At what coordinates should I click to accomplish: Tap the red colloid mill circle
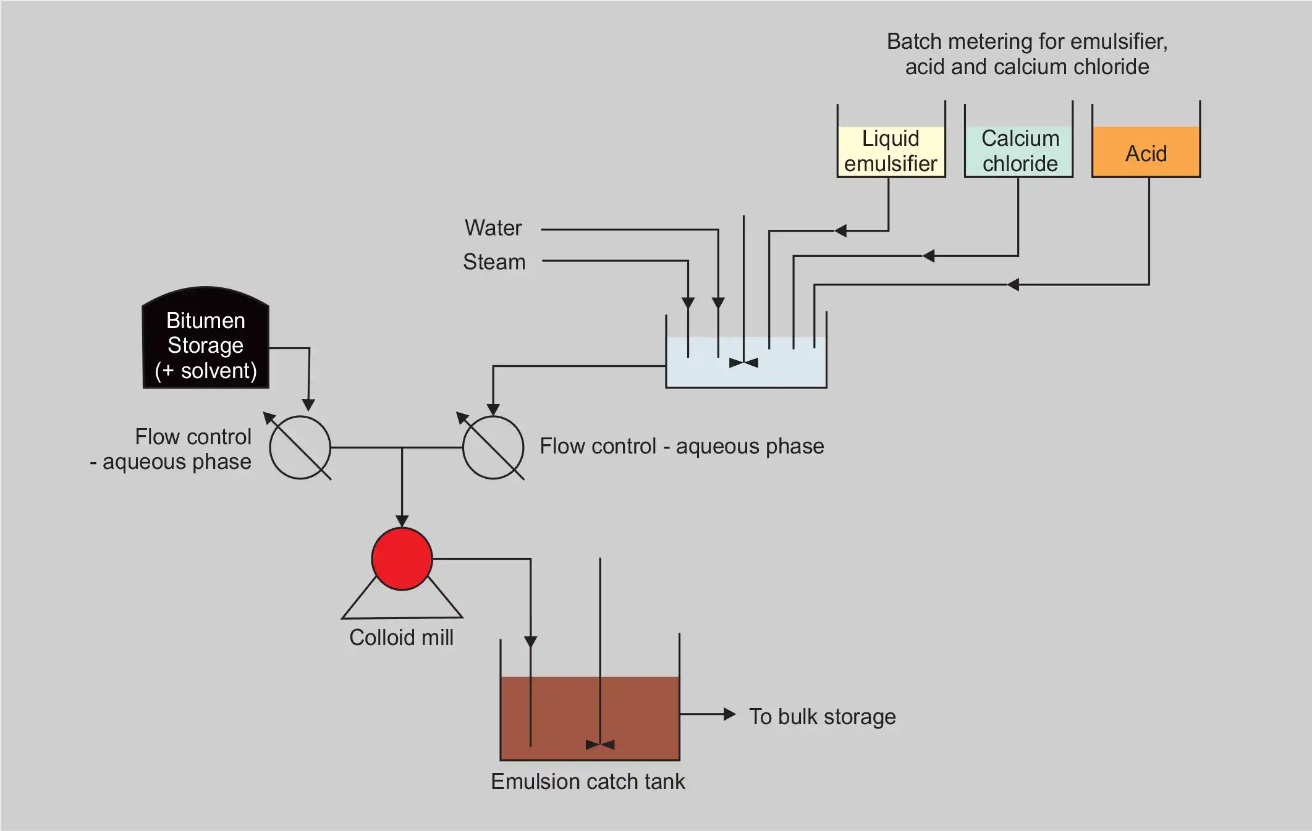tap(402, 559)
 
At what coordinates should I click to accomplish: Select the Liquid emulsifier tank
tap(891, 151)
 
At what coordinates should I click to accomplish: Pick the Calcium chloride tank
tap(1019, 151)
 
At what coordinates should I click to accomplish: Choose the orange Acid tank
tap(1146, 152)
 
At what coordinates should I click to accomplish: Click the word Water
tap(493, 228)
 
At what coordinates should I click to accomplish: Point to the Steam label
tap(494, 262)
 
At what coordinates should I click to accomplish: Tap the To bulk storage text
tap(822, 717)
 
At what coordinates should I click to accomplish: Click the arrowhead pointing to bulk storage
tap(729, 714)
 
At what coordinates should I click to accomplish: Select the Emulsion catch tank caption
tap(588, 782)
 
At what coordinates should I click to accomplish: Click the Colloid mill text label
tap(401, 638)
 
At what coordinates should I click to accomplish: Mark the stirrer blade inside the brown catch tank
tap(599, 745)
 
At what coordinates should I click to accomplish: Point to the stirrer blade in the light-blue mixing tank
tap(743, 363)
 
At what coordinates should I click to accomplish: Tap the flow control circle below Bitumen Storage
tap(300, 447)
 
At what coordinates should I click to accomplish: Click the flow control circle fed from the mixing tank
tap(493, 447)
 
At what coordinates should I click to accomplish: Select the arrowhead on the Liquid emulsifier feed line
tap(840, 231)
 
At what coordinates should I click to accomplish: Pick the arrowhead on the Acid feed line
tap(1013, 285)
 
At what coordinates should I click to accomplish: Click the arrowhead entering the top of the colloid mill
tap(402, 521)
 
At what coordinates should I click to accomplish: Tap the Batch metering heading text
tap(1027, 54)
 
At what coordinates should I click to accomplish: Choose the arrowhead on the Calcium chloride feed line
tap(928, 256)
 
